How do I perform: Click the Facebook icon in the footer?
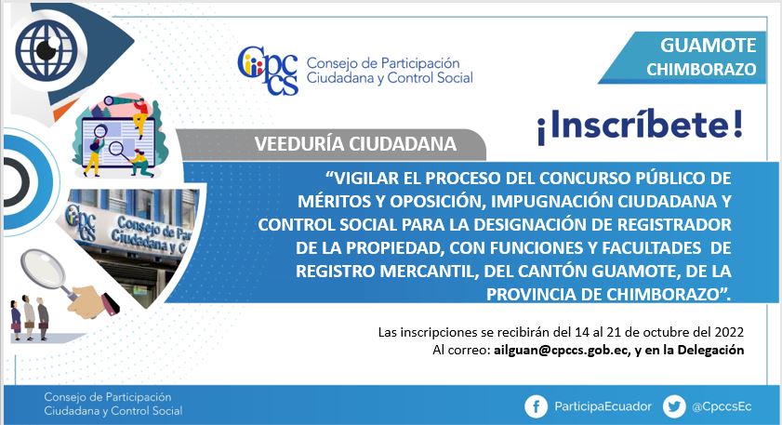(x=537, y=407)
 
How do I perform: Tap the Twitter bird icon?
(x=674, y=407)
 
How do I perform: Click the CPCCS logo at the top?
(x=268, y=71)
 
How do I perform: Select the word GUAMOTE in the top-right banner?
(x=709, y=46)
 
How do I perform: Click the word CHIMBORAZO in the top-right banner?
(x=701, y=70)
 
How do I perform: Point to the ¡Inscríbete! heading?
(x=640, y=125)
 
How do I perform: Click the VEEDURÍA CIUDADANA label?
(x=355, y=144)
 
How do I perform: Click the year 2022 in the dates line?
(x=729, y=332)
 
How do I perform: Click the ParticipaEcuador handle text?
(x=603, y=406)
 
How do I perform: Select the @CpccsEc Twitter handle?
(x=722, y=407)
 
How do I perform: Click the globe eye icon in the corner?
(x=46, y=49)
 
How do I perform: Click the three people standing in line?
(x=30, y=318)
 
